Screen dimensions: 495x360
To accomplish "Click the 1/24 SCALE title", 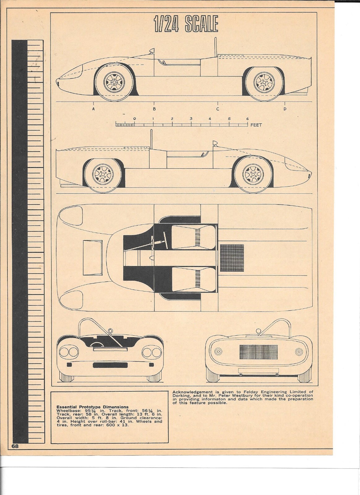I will (x=186, y=24).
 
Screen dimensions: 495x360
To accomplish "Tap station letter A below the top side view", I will (x=93, y=109).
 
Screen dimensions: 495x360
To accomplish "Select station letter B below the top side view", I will (x=154, y=109).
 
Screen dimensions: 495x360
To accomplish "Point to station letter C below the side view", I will (x=218, y=109).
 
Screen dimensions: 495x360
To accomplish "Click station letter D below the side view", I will (x=285, y=109).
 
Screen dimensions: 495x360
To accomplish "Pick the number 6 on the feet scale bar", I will (x=247, y=119).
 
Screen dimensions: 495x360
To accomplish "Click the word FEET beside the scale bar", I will (x=256, y=125).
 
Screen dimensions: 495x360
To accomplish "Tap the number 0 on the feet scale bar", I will (x=134, y=119).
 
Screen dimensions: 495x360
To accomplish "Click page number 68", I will (x=15, y=446).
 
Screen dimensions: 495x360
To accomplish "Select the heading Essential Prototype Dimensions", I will (x=92, y=407).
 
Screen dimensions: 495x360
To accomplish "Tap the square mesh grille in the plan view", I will (x=232, y=254).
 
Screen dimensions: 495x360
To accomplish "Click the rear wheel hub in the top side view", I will (x=264, y=82).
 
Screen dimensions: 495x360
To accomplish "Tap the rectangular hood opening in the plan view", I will (x=92, y=256).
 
